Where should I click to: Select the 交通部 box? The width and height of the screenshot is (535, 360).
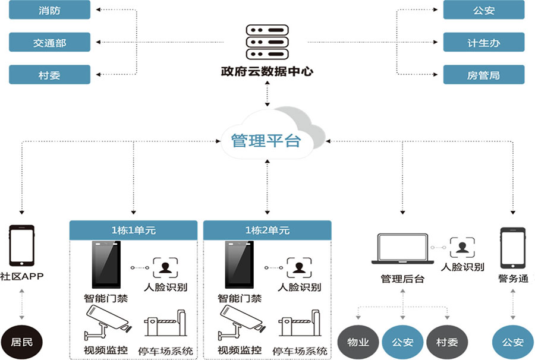tap(49, 42)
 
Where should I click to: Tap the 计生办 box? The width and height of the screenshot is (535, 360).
tap(483, 42)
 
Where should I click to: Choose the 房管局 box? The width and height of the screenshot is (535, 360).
tap(483, 74)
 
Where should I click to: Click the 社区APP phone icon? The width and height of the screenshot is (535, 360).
tap(21, 245)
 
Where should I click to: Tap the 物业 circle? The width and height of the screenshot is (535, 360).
tap(358, 343)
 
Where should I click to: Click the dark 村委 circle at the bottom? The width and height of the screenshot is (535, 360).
tap(447, 343)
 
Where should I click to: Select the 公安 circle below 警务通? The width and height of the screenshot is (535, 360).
tap(512, 343)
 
